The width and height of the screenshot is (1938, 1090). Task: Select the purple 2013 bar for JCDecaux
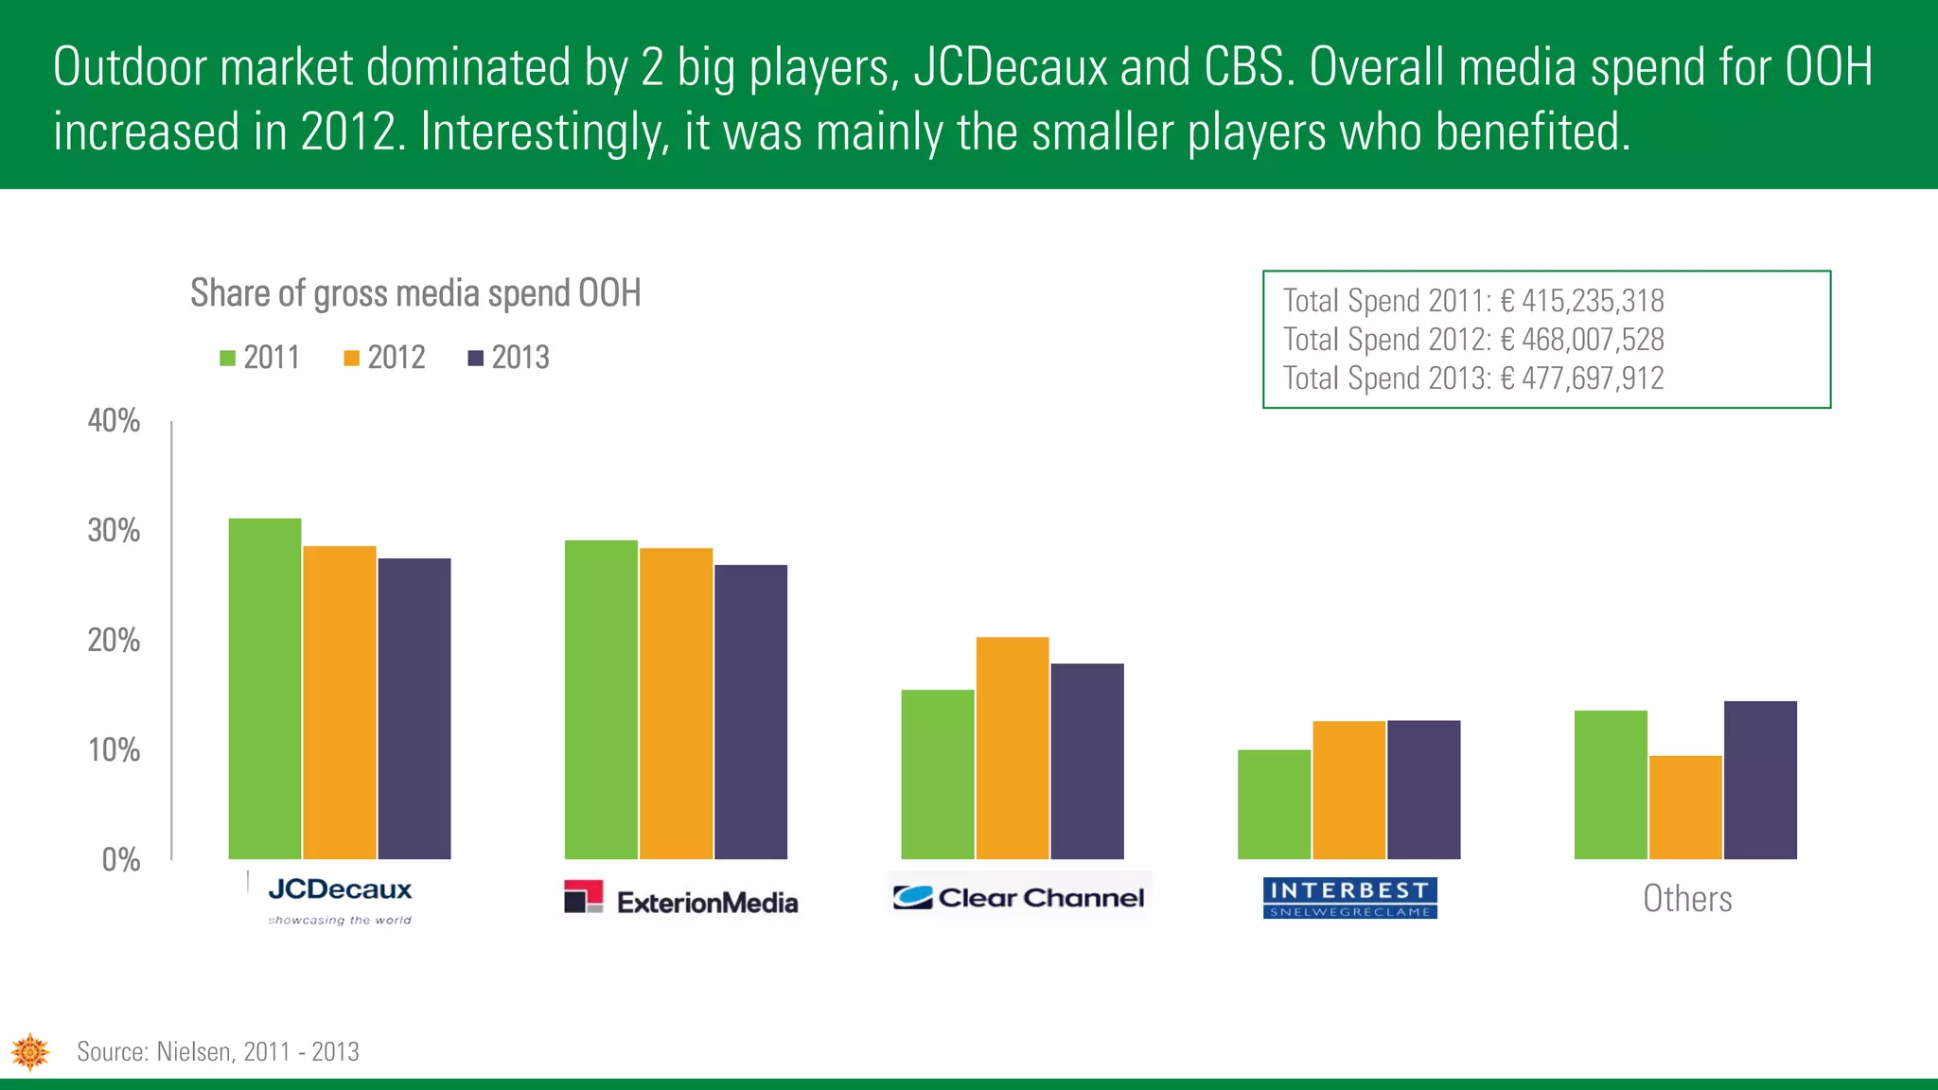tap(414, 709)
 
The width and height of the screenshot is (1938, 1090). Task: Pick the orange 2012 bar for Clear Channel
tap(1013, 747)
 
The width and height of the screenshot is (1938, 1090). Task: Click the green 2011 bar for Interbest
tap(1274, 804)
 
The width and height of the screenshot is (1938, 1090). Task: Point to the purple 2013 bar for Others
tap(1760, 780)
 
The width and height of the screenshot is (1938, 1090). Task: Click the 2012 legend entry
tap(385, 358)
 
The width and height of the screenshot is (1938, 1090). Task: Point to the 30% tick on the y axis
tap(115, 531)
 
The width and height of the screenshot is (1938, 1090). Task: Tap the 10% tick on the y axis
tap(115, 750)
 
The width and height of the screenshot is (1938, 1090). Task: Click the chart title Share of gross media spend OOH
tap(415, 293)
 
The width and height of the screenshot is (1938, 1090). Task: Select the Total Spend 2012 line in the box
tap(1472, 340)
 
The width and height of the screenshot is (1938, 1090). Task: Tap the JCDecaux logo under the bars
tap(340, 899)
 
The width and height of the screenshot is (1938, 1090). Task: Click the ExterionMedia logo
tap(681, 899)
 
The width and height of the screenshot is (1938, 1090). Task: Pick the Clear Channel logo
tap(1019, 897)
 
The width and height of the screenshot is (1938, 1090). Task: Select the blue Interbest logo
tap(1349, 898)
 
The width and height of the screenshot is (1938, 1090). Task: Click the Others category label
tap(1687, 899)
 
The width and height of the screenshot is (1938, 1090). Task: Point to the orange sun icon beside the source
tap(30, 1052)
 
